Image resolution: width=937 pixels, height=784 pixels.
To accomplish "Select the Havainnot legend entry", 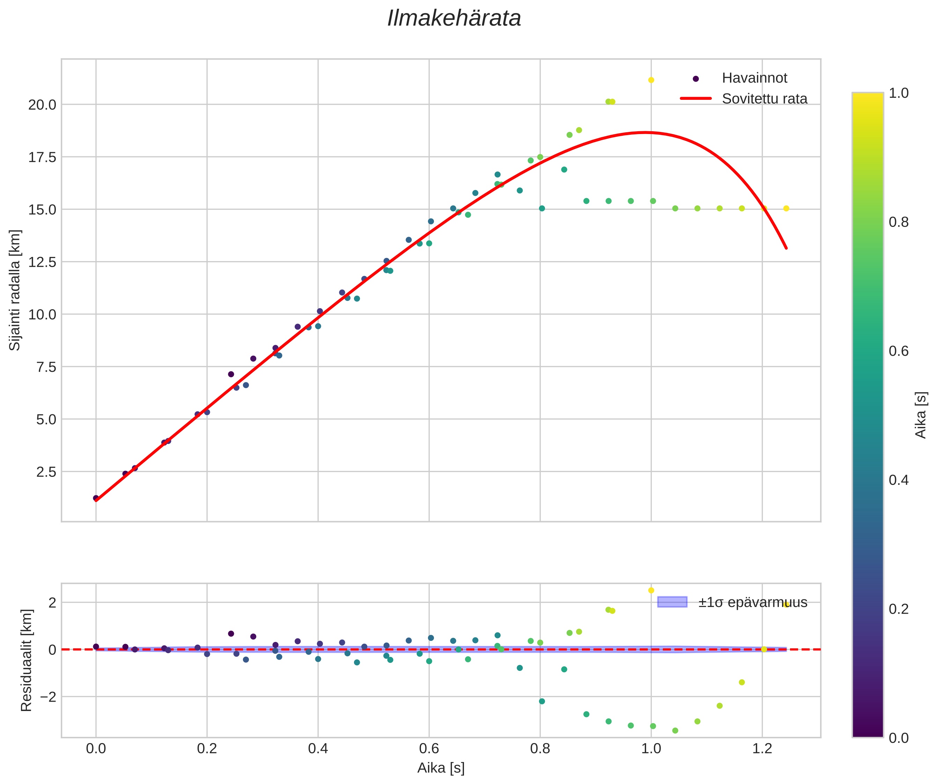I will (754, 78).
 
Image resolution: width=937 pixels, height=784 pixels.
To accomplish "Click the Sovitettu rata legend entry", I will (764, 99).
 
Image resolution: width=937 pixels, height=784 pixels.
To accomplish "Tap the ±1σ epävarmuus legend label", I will (752, 602).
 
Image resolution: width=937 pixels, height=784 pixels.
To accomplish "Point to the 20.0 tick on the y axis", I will (42, 105).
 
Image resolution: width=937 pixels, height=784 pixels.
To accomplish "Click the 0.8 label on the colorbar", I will (899, 222).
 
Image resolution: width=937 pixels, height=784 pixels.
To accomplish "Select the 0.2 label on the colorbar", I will (899, 609).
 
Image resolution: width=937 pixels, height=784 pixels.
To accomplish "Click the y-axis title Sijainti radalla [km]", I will (15, 290).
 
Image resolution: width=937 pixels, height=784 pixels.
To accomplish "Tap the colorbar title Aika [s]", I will (921, 415).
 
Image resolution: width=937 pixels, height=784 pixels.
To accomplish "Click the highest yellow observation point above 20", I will (651, 80).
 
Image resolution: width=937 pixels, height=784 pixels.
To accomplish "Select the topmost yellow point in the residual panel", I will (651, 590).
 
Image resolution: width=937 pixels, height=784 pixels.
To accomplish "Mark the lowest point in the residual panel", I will (675, 731).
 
